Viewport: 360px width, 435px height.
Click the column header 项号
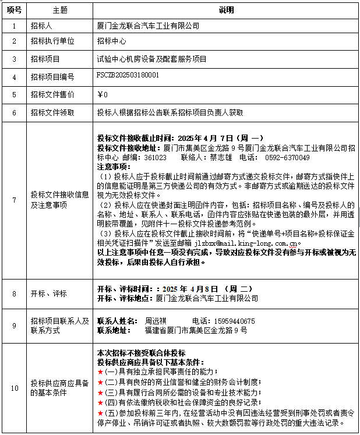coord(14,10)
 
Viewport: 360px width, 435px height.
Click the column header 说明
coord(226,10)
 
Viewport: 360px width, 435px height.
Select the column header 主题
coord(59,10)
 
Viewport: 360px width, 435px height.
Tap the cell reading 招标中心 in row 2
coord(111,41)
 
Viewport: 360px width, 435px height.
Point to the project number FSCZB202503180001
coord(128,76)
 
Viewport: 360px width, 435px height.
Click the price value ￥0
coord(103,94)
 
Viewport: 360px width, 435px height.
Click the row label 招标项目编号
coord(52,77)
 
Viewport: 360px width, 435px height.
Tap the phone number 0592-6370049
coord(287,157)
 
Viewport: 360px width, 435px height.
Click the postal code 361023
coord(156,157)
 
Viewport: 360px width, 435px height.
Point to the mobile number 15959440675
coord(232,321)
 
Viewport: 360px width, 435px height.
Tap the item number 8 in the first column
coord(14,293)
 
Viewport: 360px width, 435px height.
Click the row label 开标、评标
coord(49,293)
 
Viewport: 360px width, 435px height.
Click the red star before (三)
coord(100,391)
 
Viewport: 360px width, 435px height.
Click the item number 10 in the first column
coord(14,387)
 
